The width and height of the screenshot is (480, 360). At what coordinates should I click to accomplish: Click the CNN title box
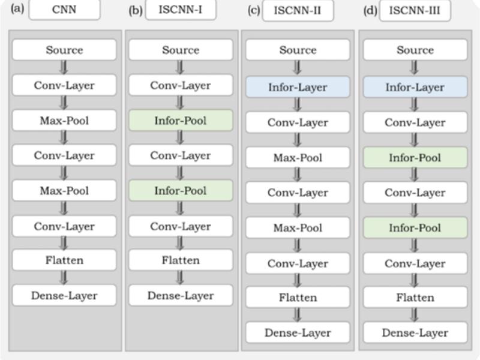pyautogui.click(x=64, y=9)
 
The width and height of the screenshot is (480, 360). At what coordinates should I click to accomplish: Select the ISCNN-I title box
pyautogui.click(x=181, y=9)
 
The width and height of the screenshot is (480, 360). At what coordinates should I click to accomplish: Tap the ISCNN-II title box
pyautogui.click(x=298, y=10)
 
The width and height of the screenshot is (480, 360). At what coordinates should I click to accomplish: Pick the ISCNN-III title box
pyautogui.click(x=415, y=10)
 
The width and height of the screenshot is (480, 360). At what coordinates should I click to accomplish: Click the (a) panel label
pyautogui.click(x=17, y=8)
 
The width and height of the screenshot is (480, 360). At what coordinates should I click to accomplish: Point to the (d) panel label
pyautogui.click(x=370, y=11)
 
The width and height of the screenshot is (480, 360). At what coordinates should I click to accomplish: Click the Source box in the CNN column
pyautogui.click(x=64, y=50)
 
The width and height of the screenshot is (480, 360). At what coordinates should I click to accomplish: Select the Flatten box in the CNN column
pyautogui.click(x=64, y=260)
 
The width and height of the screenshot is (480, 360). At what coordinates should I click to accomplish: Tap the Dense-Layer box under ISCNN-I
pyautogui.click(x=181, y=295)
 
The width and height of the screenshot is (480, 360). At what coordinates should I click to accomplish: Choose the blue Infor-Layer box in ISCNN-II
pyautogui.click(x=298, y=87)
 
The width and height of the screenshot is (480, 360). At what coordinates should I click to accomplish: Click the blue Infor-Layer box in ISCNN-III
pyautogui.click(x=415, y=87)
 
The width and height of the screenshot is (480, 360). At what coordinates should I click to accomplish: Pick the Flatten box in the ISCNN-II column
pyautogui.click(x=298, y=297)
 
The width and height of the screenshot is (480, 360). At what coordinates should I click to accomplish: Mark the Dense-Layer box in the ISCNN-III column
pyautogui.click(x=415, y=332)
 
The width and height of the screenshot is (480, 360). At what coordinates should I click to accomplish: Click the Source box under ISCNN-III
pyautogui.click(x=415, y=50)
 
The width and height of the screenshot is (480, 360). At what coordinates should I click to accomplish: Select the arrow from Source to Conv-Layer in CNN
pyautogui.click(x=64, y=67)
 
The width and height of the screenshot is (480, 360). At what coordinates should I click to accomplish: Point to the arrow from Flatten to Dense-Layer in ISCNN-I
pyautogui.click(x=181, y=278)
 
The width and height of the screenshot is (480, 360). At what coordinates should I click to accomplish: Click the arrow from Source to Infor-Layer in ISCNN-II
pyautogui.click(x=297, y=68)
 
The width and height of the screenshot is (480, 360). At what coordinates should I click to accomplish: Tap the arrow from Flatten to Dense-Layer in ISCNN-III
pyautogui.click(x=415, y=314)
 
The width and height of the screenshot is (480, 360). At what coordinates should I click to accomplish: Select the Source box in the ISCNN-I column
pyautogui.click(x=181, y=50)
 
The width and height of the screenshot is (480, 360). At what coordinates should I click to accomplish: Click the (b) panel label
pyautogui.click(x=136, y=11)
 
